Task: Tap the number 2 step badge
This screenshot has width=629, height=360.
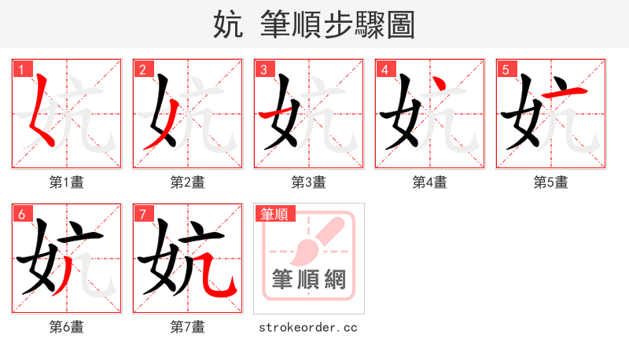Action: click(142, 69)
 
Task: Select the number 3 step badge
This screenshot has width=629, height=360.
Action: click(263, 69)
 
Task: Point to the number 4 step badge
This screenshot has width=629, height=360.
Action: click(384, 69)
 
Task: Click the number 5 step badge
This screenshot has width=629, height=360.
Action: click(506, 69)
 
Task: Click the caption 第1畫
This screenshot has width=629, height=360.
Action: click(67, 182)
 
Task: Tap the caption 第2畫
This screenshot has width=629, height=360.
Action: click(188, 182)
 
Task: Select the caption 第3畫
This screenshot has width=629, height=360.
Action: click(309, 182)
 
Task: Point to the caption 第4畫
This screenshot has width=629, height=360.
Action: click(430, 182)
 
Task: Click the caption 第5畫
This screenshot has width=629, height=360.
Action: click(551, 182)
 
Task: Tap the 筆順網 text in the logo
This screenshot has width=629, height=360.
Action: click(309, 279)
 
